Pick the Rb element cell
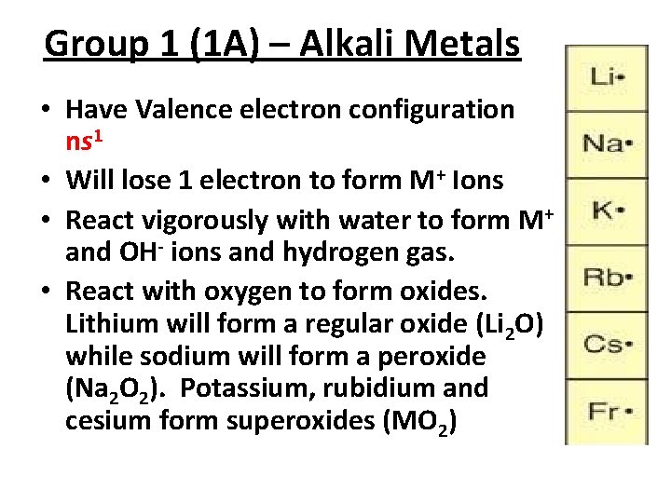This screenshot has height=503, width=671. coord(607,277)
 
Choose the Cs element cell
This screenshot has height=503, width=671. coord(607,343)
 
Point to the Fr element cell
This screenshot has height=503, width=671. coord(607,409)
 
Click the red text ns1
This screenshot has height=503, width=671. coord(87,142)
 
